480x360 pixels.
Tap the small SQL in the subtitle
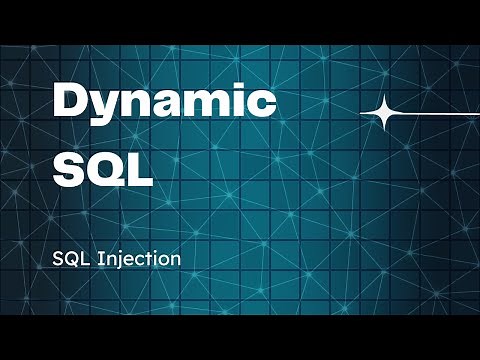pyautogui.click(x=71, y=258)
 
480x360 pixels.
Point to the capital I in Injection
pyautogui.click(x=99, y=258)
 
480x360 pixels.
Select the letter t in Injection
pyautogui.click(x=150, y=258)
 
